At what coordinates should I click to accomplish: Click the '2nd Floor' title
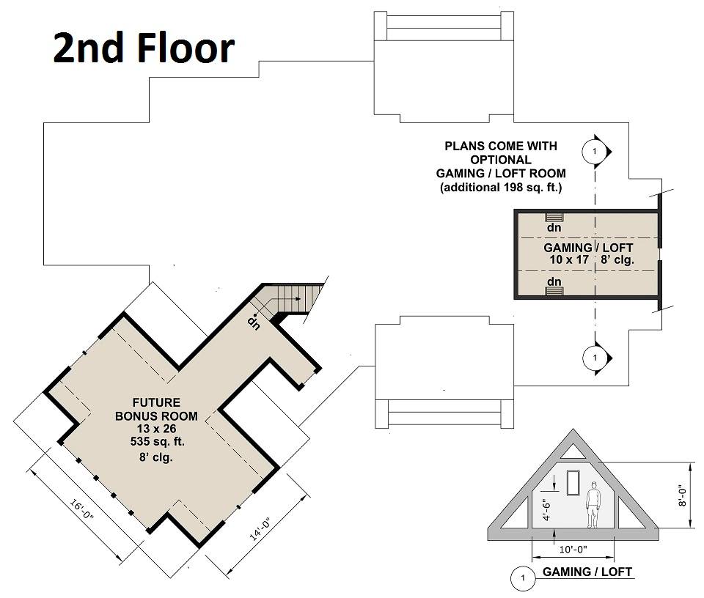[144, 48]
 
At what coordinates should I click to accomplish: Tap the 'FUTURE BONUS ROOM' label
[156, 409]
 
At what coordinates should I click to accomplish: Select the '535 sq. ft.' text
[157, 441]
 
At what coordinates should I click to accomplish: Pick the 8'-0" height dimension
[683, 495]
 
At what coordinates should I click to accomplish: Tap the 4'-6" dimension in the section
[546, 509]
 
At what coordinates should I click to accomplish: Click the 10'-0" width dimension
[573, 549]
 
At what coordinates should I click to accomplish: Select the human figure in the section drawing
[593, 505]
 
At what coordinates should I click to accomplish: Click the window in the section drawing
[573, 483]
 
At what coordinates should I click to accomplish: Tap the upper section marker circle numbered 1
[595, 151]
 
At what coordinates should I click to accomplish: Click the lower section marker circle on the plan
[595, 358]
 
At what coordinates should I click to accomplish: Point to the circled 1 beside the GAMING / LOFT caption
[523, 577]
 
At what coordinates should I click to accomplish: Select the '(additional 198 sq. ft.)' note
[501, 187]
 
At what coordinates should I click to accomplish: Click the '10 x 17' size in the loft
[569, 259]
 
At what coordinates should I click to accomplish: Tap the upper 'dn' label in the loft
[554, 227]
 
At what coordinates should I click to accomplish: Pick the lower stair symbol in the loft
[554, 291]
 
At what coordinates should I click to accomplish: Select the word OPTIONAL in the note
[501, 160]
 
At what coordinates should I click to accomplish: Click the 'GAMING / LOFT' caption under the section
[587, 572]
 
